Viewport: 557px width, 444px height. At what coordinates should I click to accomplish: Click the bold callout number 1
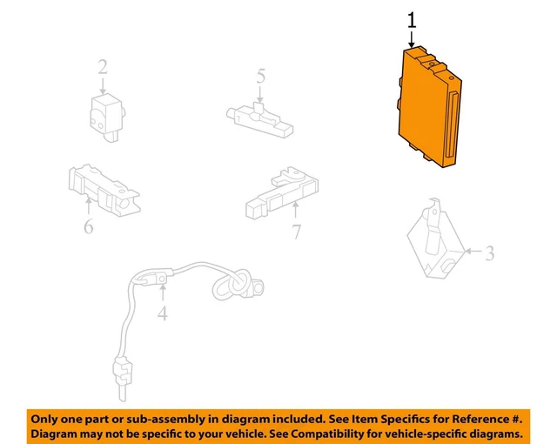coord(412,20)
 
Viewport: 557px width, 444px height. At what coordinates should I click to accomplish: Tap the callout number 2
coord(103,67)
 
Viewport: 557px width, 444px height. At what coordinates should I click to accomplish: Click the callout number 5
coord(261,77)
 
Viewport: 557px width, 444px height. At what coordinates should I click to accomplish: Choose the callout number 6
coord(89,225)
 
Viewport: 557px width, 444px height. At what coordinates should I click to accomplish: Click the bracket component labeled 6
coord(104,191)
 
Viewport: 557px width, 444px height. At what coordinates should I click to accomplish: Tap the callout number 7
coord(297,232)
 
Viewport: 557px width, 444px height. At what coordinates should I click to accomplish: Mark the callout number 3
coord(490,253)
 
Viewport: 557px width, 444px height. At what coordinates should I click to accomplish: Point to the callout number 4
coord(163,313)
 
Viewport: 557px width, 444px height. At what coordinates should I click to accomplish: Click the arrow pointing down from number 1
coord(412,39)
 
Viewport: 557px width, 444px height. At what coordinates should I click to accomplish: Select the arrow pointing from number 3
coord(473,251)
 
